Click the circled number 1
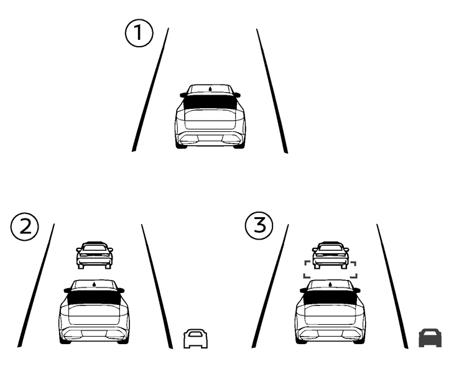[x=139, y=34]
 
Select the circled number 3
[x=259, y=226]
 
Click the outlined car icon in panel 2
[x=195, y=339]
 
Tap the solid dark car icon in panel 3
[x=430, y=338]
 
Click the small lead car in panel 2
[x=95, y=255]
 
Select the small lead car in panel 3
[x=330, y=255]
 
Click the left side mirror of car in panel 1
[x=183, y=95]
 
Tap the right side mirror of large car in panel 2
[x=121, y=290]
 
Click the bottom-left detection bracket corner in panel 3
[x=305, y=274]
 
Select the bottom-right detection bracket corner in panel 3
[x=354, y=274]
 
